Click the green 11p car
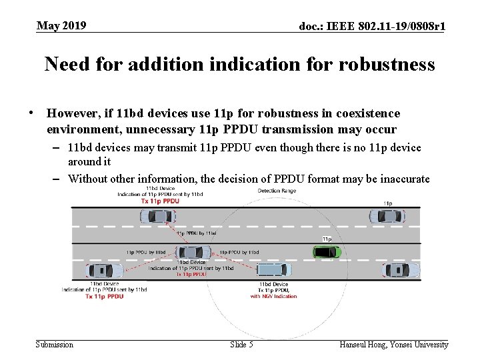click(327, 252)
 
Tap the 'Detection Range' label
click(277, 191)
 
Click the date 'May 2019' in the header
click(61, 26)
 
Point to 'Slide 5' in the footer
click(241, 345)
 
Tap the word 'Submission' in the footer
click(54, 345)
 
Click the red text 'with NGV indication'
click(273, 296)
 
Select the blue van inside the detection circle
click(273, 270)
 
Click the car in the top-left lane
click(158, 217)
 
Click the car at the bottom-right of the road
click(401, 270)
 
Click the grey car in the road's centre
click(193, 253)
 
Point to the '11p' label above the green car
click(327, 239)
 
